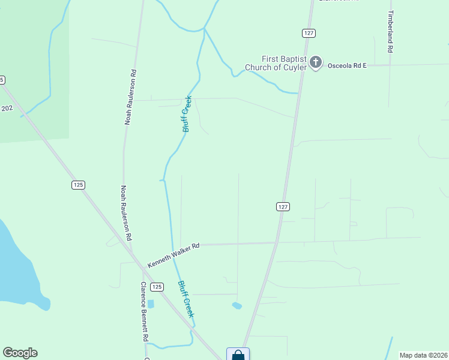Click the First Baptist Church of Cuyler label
[276, 63]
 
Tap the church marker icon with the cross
[316, 62]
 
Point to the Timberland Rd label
[391, 32]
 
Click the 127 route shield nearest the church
[308, 34]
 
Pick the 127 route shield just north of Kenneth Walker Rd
[283, 206]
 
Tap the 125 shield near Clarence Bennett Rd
[157, 287]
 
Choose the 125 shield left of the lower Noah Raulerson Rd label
[78, 185]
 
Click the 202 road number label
[7, 108]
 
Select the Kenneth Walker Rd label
[173, 255]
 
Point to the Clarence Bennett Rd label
[145, 311]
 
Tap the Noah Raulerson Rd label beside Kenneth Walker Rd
[127, 213]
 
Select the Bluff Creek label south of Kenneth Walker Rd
[186, 299]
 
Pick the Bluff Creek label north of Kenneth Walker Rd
[186, 114]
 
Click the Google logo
[20, 353]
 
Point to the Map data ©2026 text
[423, 355]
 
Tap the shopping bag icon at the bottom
[238, 355]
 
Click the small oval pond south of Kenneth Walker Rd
[237, 306]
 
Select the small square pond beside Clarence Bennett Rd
[151, 304]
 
